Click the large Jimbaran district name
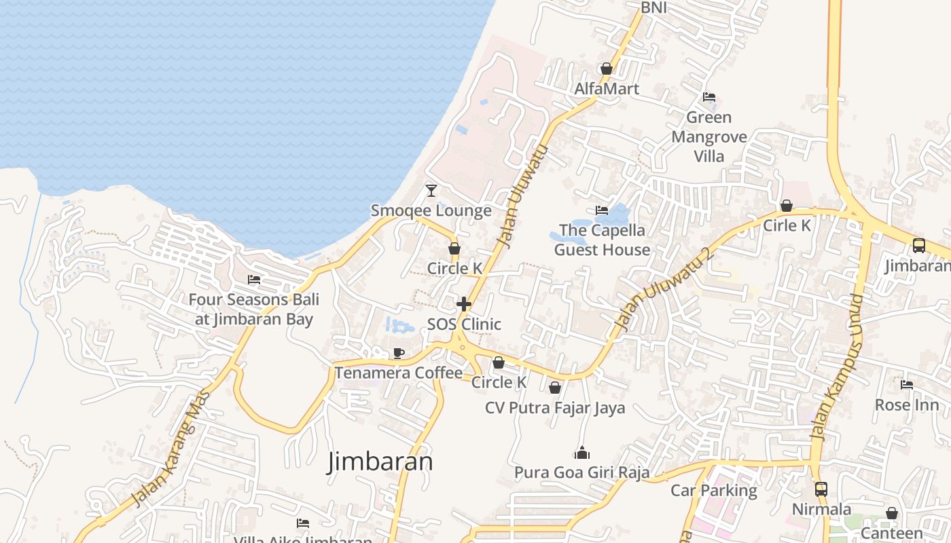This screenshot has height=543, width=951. pyautogui.click(x=380, y=462)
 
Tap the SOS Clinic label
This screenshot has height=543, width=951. pyautogui.click(x=464, y=324)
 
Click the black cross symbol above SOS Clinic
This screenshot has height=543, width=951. pyautogui.click(x=464, y=303)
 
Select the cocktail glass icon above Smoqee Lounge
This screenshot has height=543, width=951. pyautogui.click(x=431, y=190)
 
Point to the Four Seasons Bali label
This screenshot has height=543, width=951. pyautogui.click(x=253, y=309)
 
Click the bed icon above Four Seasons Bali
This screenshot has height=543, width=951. pyautogui.click(x=254, y=279)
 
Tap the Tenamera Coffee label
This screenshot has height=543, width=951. pyautogui.click(x=398, y=373)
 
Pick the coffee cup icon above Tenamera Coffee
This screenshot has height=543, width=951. pyautogui.click(x=399, y=353)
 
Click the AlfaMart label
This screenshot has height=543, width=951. pyautogui.click(x=607, y=89)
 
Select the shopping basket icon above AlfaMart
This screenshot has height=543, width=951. pyautogui.click(x=607, y=69)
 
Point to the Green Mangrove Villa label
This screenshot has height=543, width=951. pyautogui.click(x=709, y=136)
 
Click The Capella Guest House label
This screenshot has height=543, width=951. pyautogui.click(x=602, y=240)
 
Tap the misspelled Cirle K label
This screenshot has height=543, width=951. pyautogui.click(x=787, y=225)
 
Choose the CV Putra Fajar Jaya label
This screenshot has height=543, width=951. pyautogui.click(x=555, y=408)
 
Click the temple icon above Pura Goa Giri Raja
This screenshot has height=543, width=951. pyautogui.click(x=582, y=453)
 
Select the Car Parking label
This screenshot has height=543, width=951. pyautogui.click(x=714, y=490)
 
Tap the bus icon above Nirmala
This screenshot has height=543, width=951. pyautogui.click(x=821, y=489)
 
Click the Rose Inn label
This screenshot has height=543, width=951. pyautogui.click(x=907, y=405)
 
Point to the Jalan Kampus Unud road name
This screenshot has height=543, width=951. pyautogui.click(x=838, y=367)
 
